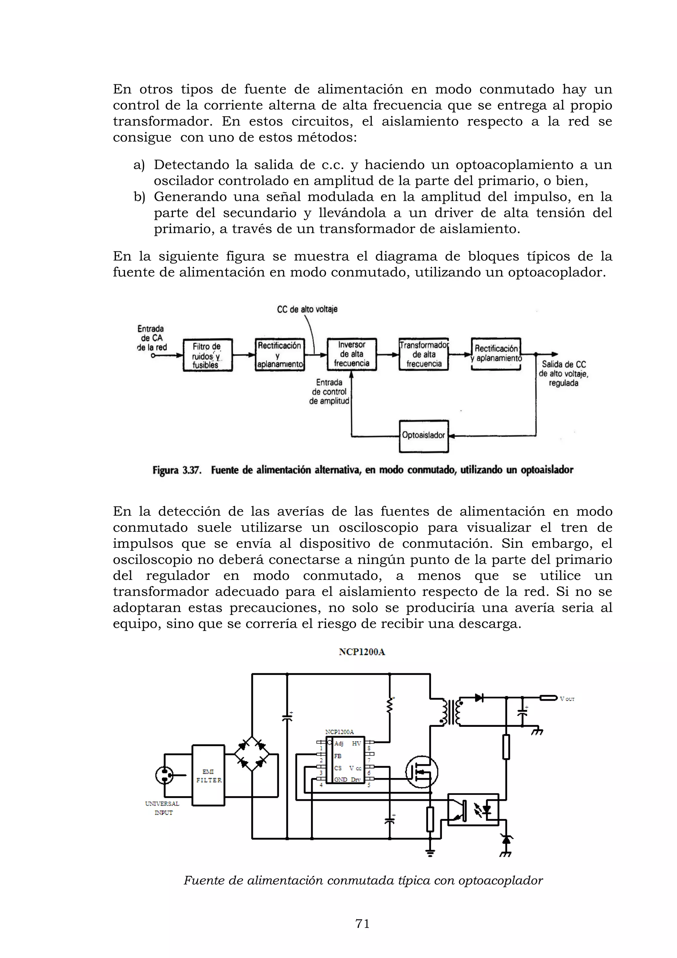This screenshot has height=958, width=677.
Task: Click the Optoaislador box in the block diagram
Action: point(423,436)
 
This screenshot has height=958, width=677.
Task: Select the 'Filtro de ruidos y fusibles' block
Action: point(208,355)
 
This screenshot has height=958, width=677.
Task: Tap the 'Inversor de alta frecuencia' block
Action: point(351,354)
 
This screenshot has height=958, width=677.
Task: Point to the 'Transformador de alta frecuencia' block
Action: point(423,354)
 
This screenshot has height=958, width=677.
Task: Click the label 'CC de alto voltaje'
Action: point(307,309)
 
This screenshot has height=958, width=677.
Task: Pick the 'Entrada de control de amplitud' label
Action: point(329,392)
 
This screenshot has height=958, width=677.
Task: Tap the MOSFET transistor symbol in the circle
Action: point(422,772)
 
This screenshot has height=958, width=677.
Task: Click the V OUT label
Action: point(567,699)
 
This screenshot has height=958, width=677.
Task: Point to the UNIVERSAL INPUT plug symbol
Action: point(164,775)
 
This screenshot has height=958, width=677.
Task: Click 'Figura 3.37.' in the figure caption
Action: point(177,471)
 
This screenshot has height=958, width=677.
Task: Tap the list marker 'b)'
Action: point(139,197)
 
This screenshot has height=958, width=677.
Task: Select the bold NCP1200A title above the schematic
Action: point(362,652)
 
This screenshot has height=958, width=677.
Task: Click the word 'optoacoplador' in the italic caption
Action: point(500,880)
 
